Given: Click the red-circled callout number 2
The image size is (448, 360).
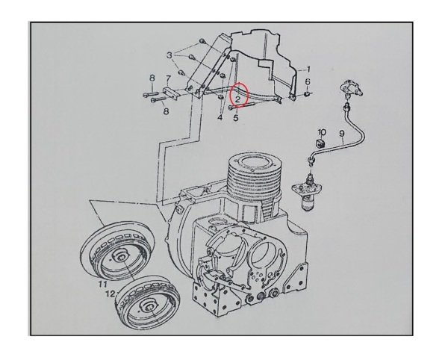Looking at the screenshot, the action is click(x=237, y=99).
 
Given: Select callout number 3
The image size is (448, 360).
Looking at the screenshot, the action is click(x=169, y=55).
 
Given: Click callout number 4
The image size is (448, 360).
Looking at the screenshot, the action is click(x=220, y=117).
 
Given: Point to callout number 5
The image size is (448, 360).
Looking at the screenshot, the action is click(x=236, y=117).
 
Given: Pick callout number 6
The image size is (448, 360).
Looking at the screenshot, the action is click(x=308, y=81).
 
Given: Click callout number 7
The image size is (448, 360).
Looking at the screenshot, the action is click(x=168, y=78).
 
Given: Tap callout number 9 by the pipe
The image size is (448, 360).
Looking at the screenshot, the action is click(x=342, y=134).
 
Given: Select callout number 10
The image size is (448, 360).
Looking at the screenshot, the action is click(x=322, y=132).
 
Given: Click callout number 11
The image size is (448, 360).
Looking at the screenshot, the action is click(x=102, y=284).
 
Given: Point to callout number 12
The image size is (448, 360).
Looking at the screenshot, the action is click(x=111, y=294).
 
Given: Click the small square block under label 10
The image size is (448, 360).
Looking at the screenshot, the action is click(x=320, y=142).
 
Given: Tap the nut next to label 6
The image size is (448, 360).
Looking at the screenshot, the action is click(x=308, y=93).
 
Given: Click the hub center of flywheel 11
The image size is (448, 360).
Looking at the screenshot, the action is click(x=121, y=258).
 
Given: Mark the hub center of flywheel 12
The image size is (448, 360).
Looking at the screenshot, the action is click(x=149, y=307).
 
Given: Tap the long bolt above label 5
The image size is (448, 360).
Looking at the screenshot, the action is click(x=242, y=107).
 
